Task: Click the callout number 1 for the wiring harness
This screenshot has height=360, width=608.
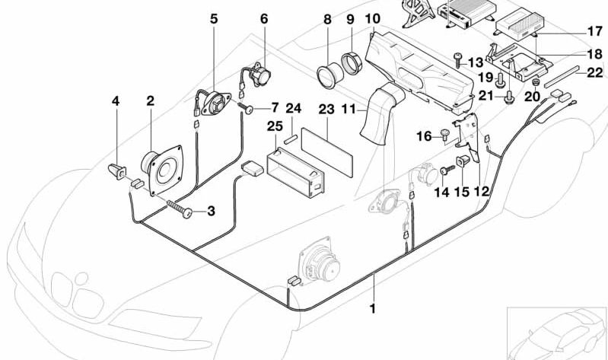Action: [373, 309]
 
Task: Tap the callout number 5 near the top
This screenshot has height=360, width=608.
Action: [214, 19]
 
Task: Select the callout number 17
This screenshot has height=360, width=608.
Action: [594, 32]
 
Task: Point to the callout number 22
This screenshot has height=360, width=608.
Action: [594, 72]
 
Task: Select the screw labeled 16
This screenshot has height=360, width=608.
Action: [444, 135]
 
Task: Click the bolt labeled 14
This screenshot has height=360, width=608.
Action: [444, 173]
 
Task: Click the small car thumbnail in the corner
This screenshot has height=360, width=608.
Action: [557, 333]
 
